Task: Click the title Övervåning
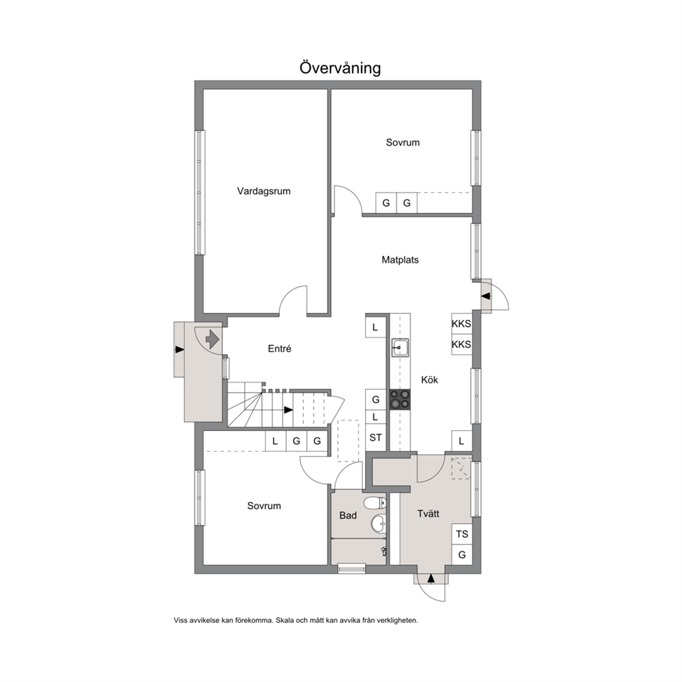coord(340,68)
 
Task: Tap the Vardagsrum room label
coord(263,191)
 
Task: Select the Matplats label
coord(400,260)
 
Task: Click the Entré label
coord(279,349)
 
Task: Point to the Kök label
coord(429,380)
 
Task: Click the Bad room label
coord(348,516)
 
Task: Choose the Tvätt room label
coord(428,514)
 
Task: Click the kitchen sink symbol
coord(399,347)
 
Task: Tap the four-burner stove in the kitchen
coord(399,399)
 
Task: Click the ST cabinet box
coord(375,437)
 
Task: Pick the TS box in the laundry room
coord(462,534)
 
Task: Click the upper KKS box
coord(461,324)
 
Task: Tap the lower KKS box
coord(461,345)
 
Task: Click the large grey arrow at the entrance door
coord(212,339)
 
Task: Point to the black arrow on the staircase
coord(288,410)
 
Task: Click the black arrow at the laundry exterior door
coord(431,578)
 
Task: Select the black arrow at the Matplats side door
coord(486,296)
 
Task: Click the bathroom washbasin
coord(378,523)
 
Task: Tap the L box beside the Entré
coord(375,327)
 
